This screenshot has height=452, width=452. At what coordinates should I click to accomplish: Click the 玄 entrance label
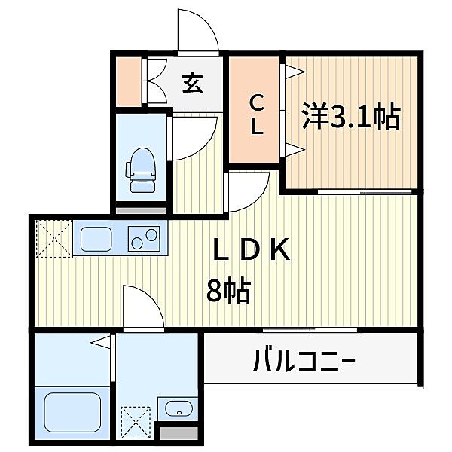(191, 83)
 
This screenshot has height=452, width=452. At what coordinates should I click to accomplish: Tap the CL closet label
(256, 113)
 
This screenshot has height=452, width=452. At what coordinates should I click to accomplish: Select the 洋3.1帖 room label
(350, 117)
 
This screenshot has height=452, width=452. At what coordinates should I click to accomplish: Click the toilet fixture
(140, 169)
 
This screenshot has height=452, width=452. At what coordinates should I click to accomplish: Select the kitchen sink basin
(98, 240)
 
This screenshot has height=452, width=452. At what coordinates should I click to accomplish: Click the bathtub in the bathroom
(68, 413)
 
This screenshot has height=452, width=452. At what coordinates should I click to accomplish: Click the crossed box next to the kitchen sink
(53, 237)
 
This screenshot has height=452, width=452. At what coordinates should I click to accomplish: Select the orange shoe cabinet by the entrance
(128, 81)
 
